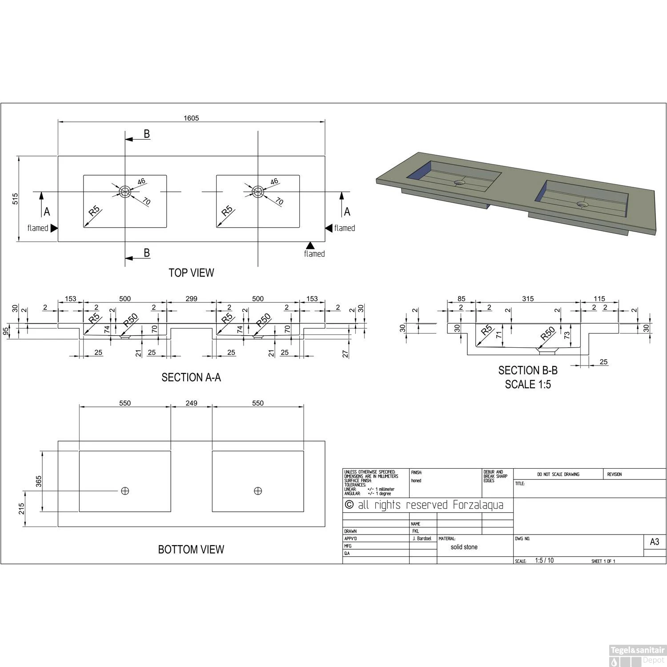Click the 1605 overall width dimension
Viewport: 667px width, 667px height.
point(191,118)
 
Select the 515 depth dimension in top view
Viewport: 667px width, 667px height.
point(15,199)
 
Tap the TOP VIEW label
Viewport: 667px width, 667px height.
point(191,273)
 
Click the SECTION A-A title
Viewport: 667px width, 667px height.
point(191,378)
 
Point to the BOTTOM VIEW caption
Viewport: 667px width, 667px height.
point(191,550)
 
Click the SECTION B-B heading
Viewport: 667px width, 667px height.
point(528,370)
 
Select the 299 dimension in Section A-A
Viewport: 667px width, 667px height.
point(191,299)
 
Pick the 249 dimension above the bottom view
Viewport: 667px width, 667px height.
point(191,403)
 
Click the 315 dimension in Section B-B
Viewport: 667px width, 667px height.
point(528,299)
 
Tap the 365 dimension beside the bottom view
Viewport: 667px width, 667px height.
point(39,481)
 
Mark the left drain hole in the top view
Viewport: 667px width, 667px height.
point(125,192)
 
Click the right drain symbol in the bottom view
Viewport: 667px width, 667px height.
point(258,491)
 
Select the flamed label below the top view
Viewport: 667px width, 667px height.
point(314,254)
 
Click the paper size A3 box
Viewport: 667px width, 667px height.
point(655,542)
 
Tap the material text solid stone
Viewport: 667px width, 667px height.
point(464,547)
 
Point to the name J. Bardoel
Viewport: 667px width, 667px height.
point(422,538)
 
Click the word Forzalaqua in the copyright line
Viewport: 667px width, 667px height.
point(478,505)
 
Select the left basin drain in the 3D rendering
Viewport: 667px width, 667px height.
point(458,182)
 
